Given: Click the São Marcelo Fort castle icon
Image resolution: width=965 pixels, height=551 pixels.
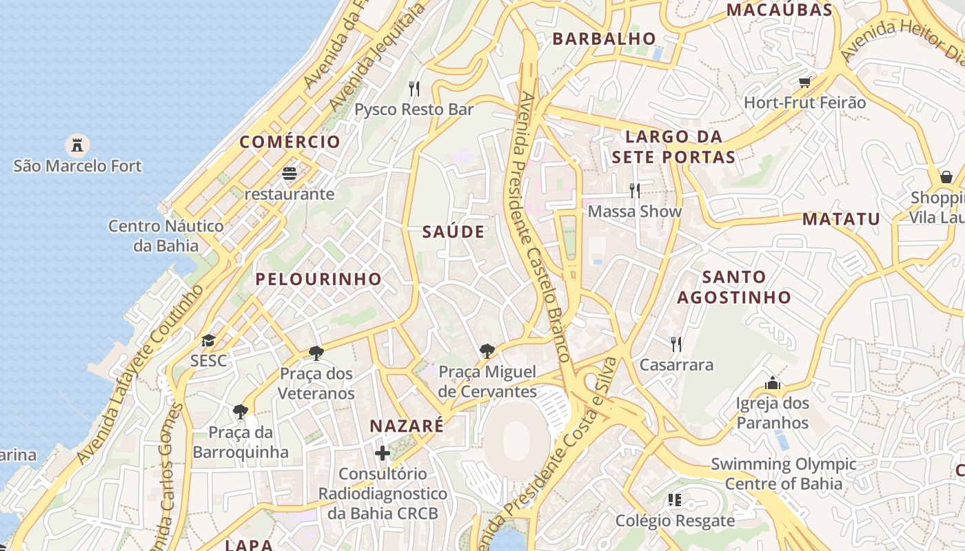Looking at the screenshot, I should [77, 145].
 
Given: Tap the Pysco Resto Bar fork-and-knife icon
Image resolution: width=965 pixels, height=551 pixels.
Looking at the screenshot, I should [414, 89].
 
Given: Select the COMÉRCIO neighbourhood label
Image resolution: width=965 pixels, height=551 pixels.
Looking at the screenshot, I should [290, 142].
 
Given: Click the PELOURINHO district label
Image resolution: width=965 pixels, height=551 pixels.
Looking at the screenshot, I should [318, 279].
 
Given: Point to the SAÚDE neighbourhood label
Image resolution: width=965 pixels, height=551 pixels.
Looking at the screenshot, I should [454, 232].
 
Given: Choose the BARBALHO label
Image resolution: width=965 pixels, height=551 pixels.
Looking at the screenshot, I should [604, 39].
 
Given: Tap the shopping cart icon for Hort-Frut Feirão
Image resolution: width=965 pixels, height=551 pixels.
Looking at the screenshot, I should [804, 83].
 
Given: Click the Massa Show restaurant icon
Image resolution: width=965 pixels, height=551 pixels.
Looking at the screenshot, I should [635, 190].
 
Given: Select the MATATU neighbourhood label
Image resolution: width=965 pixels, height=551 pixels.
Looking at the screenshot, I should [842, 219].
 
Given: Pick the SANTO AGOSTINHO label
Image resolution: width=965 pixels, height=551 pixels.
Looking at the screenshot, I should [734, 287].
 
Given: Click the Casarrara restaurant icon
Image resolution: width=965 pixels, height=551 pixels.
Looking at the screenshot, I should [676, 344].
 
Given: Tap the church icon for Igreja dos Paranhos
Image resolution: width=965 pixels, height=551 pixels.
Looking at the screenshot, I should [773, 382].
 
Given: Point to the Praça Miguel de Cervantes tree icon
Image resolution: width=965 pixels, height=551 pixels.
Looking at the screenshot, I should [487, 351].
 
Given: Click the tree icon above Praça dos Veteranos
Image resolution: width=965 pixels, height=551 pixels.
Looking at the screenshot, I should [316, 353].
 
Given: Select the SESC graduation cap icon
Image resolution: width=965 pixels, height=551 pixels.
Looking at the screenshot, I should [208, 340].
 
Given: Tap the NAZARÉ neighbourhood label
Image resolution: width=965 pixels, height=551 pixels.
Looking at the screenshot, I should [407, 426].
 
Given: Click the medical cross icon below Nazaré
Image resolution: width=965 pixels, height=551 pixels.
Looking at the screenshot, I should [383, 453].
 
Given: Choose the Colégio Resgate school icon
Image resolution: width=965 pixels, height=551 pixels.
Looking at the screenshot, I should [675, 500].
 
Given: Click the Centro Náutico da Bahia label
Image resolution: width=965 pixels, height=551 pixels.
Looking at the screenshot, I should [166, 236].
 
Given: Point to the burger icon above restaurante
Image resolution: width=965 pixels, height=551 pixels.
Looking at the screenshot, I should [289, 173].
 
